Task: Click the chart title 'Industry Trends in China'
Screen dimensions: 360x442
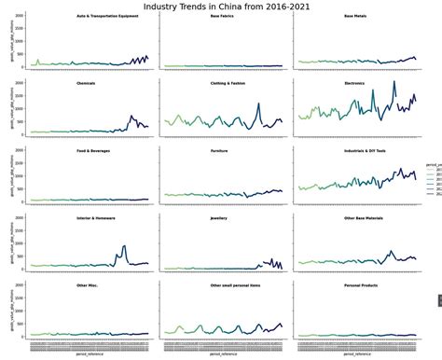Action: coord(221,6)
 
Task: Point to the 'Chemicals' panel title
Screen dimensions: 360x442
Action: coord(86,83)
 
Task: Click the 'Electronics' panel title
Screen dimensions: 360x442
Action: coord(355,83)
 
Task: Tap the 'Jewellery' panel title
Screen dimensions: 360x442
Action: coord(219,216)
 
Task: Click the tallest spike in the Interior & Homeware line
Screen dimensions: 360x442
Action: coord(124,246)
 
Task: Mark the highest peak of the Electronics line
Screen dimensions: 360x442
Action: coord(394,82)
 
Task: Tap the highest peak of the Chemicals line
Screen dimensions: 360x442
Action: coord(131,117)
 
